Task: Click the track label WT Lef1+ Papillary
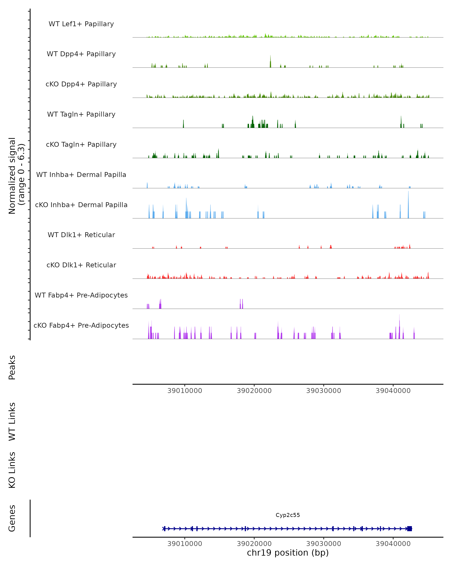pos(81,24)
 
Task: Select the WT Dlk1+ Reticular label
pos(81,235)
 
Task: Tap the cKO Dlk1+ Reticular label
pos(81,265)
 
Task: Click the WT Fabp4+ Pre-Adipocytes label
pos(81,295)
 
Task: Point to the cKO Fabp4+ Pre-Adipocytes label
pos(81,325)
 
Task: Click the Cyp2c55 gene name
pos(288,515)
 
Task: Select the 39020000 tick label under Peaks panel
pos(254,391)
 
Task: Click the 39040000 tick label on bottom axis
pos(393,544)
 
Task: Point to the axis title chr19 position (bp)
pos(288,553)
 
